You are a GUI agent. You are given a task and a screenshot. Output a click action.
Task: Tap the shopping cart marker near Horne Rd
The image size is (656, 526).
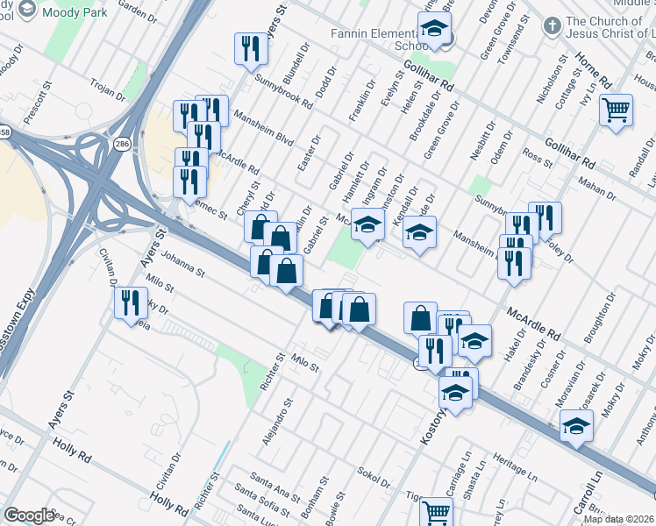point(617,110)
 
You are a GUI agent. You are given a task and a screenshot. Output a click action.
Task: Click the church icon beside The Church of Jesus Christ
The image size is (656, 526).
point(551,26)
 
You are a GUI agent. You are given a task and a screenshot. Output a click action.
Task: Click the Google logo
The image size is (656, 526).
point(28,515)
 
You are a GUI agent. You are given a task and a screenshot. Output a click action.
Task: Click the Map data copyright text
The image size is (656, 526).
point(618,519)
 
